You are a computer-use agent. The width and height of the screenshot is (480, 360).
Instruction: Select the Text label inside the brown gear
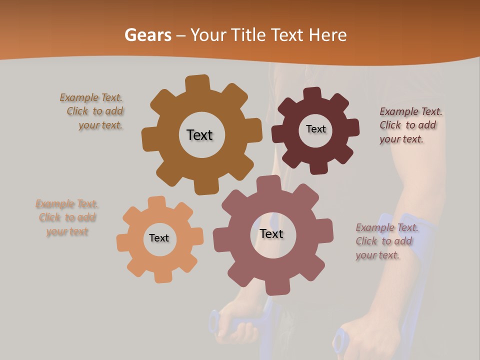(200, 135)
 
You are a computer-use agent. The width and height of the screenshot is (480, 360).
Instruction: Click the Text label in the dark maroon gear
(315, 129)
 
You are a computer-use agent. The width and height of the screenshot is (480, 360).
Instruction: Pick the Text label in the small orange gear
(159, 238)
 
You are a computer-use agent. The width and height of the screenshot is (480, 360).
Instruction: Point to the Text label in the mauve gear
(271, 233)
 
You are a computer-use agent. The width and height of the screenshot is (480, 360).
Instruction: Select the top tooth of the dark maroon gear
(312, 94)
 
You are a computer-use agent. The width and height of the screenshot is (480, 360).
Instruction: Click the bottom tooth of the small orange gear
(163, 275)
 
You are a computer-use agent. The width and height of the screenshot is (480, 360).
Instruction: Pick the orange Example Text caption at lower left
(67, 217)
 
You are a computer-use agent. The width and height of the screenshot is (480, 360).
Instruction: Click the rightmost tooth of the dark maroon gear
(352, 127)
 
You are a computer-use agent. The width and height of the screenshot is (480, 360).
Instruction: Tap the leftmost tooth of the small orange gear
(123, 242)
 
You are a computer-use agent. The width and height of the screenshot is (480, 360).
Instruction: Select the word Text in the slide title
(287, 35)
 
